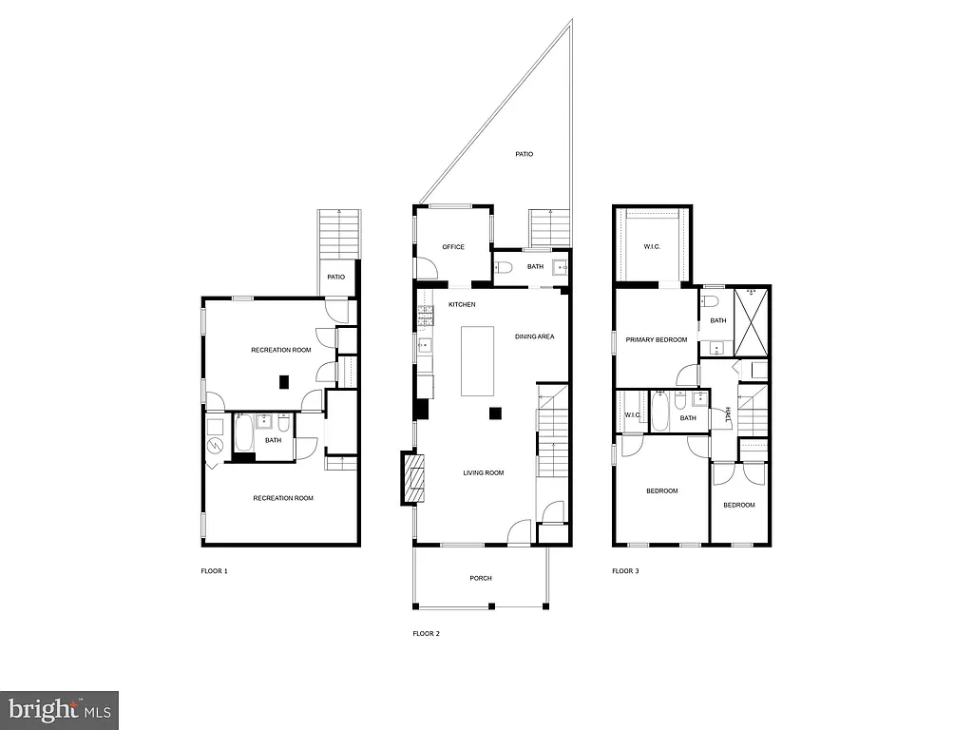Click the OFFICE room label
[453, 247]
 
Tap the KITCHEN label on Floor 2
[462, 304]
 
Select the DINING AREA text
[534, 336]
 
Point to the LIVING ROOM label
[483, 472]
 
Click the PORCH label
[481, 578]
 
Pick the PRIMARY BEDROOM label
[657, 339]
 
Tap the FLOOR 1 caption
[214, 571]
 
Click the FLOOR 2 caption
[426, 633]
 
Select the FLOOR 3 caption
[625, 571]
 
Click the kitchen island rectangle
[478, 361]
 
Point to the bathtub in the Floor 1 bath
[243, 436]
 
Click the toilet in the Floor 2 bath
[504, 267]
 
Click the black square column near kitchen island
[495, 413]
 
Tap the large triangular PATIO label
[524, 153]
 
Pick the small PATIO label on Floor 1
[336, 278]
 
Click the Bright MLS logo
[59, 709]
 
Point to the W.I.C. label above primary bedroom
[652, 247]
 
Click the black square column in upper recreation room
[283, 382]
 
